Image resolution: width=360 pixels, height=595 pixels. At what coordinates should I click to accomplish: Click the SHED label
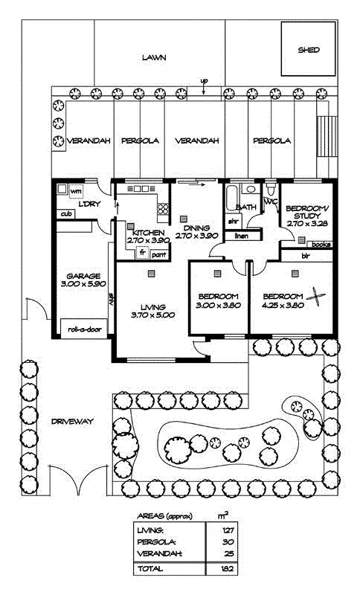[309, 51]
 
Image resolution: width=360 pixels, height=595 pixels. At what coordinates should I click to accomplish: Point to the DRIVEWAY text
[72, 422]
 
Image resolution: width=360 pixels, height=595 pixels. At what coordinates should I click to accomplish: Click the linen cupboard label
[240, 237]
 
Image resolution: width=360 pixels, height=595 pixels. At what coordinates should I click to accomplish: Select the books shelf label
[321, 243]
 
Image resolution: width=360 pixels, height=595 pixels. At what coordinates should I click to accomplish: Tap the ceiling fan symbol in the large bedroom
[317, 297]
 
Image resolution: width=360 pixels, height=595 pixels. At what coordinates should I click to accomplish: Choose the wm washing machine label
[75, 192]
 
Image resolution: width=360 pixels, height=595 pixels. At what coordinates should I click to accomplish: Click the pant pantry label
[158, 254]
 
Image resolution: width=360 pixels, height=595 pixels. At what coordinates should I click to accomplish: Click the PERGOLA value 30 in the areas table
[228, 541]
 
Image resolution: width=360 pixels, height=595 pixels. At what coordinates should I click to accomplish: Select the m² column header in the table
[222, 515]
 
